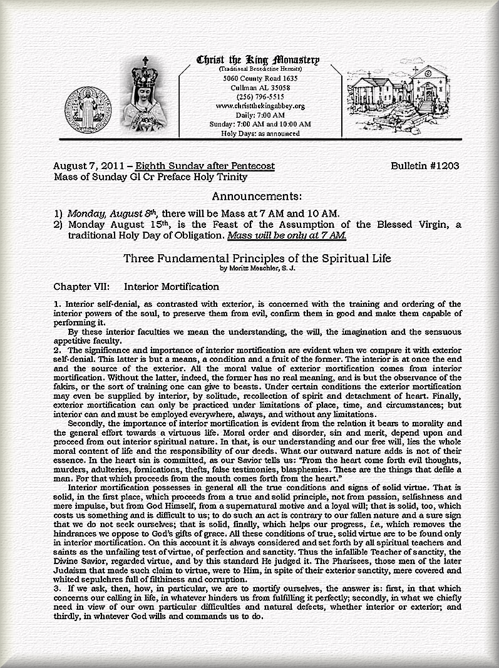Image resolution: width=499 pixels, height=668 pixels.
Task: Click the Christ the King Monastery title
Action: click(258, 60)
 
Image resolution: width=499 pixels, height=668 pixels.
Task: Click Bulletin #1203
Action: click(424, 166)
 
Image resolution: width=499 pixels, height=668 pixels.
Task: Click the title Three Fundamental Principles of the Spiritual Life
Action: click(257, 258)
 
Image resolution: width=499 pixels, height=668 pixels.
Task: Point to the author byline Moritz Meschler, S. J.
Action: click(257, 269)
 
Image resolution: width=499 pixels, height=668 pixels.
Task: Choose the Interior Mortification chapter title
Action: click(172, 287)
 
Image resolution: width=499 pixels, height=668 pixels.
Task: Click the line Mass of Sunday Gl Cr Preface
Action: click(150, 177)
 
